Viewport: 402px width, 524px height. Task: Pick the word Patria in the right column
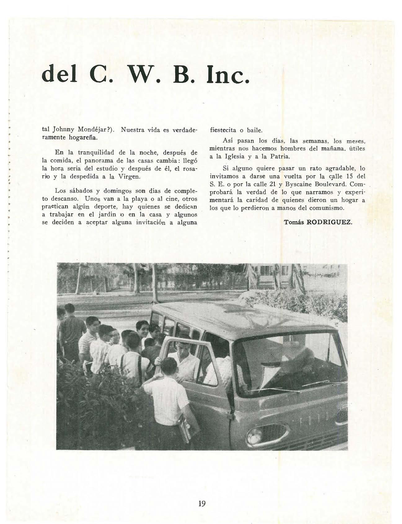(x=280, y=157)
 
